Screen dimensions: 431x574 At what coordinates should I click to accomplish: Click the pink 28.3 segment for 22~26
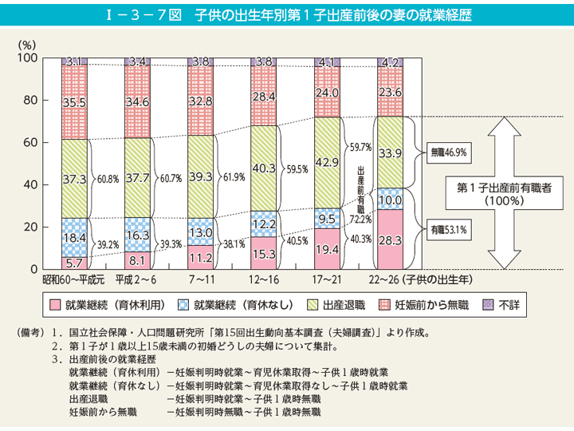(x=390, y=239)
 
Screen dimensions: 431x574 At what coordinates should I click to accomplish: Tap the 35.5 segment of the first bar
(x=73, y=102)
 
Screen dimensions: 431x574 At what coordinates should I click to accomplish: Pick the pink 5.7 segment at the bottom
(x=73, y=263)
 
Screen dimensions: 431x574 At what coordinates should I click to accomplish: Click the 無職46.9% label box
(x=448, y=151)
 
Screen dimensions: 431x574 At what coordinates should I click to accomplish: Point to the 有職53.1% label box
(x=448, y=228)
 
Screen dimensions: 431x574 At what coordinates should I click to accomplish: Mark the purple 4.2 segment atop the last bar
(x=390, y=62)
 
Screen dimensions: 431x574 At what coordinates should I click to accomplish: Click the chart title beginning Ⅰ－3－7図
(x=287, y=15)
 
